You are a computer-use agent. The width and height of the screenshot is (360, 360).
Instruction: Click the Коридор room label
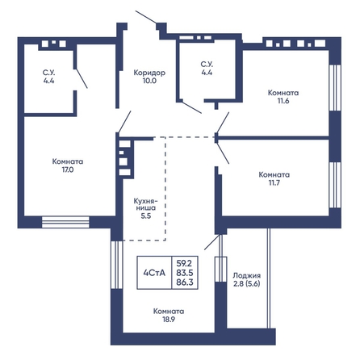(149, 73)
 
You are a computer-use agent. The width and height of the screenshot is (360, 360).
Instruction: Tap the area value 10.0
(149, 81)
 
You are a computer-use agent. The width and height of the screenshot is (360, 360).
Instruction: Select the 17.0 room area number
(68, 170)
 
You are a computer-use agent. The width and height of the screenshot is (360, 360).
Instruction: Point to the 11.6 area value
(283, 101)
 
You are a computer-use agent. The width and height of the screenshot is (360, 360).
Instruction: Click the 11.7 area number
(274, 182)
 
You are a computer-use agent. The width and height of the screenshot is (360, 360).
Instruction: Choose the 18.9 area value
(169, 320)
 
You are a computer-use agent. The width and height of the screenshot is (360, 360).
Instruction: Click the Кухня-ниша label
(145, 204)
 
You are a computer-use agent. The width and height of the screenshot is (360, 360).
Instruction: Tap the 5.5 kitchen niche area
(146, 216)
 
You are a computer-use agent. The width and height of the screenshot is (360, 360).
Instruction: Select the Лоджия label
(247, 275)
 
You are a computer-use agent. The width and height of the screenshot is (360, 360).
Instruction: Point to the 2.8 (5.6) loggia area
(247, 284)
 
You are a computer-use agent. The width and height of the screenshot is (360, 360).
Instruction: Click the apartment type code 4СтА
(154, 273)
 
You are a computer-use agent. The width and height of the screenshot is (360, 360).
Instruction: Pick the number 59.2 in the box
(185, 262)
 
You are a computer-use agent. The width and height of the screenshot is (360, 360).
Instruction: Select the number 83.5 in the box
(185, 273)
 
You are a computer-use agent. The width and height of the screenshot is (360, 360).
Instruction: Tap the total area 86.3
(185, 283)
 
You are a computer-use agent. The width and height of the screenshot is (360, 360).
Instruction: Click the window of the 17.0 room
(65, 222)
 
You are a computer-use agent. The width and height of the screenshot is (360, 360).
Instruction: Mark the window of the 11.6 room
(335, 88)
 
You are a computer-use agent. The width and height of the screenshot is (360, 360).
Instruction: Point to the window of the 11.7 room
(335, 185)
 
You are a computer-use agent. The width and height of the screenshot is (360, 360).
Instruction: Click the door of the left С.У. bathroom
(82, 78)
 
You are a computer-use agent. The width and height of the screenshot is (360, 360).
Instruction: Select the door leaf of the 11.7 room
(223, 153)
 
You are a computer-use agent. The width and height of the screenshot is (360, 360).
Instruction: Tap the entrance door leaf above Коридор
(145, 17)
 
